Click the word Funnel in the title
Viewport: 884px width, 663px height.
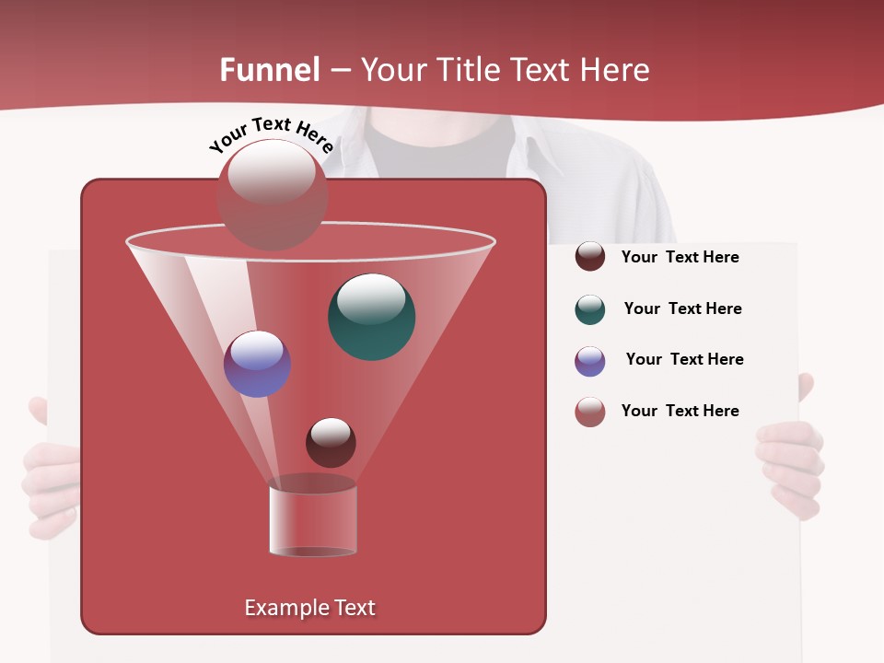(269, 70)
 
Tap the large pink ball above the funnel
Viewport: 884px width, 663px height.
(272, 193)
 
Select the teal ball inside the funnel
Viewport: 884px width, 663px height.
(371, 317)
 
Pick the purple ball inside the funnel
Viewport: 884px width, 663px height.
(257, 364)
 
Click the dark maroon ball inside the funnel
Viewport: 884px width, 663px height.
(331, 442)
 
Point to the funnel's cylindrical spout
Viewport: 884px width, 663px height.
(313, 518)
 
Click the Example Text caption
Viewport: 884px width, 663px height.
(309, 608)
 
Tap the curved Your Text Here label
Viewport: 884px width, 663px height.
(271, 134)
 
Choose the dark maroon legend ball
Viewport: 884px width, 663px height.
(590, 256)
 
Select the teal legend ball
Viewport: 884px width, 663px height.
(590, 309)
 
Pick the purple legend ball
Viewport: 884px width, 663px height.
(590, 361)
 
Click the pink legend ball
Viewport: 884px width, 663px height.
(590, 412)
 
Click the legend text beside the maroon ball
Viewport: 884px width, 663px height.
(680, 257)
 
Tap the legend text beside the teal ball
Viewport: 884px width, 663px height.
(682, 308)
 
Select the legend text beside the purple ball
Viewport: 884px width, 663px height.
(684, 359)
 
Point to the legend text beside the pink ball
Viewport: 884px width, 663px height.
(680, 411)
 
